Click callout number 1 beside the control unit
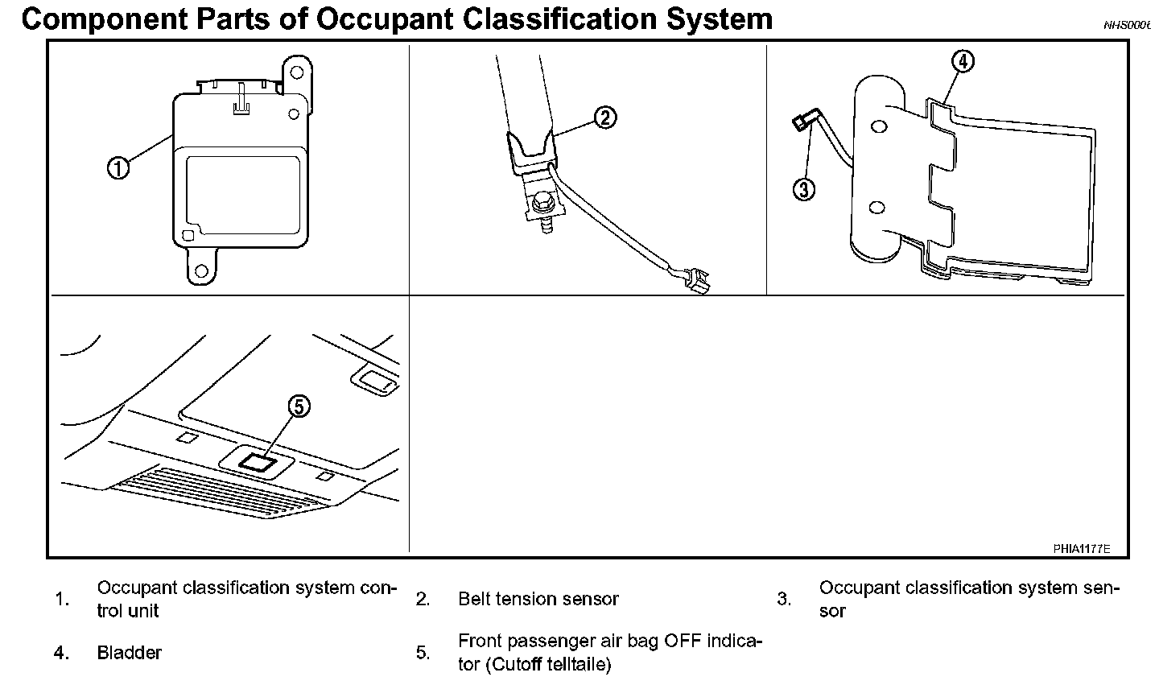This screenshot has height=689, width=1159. tap(118, 168)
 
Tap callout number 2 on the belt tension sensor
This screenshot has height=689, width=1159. tap(604, 118)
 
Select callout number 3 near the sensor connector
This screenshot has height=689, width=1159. tap(804, 189)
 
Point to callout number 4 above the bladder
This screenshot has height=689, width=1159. tap(963, 61)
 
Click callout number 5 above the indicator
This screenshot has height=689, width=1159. tap(298, 407)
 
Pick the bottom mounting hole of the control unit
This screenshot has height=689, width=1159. tap(204, 270)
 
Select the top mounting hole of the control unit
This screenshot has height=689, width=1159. tap(297, 72)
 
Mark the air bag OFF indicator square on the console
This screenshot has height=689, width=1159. tap(258, 462)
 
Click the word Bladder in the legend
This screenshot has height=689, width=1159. tap(129, 653)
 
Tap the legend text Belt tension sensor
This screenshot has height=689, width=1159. tap(538, 600)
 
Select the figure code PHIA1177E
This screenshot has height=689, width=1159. tap(1081, 549)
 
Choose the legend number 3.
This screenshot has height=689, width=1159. tap(784, 600)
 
